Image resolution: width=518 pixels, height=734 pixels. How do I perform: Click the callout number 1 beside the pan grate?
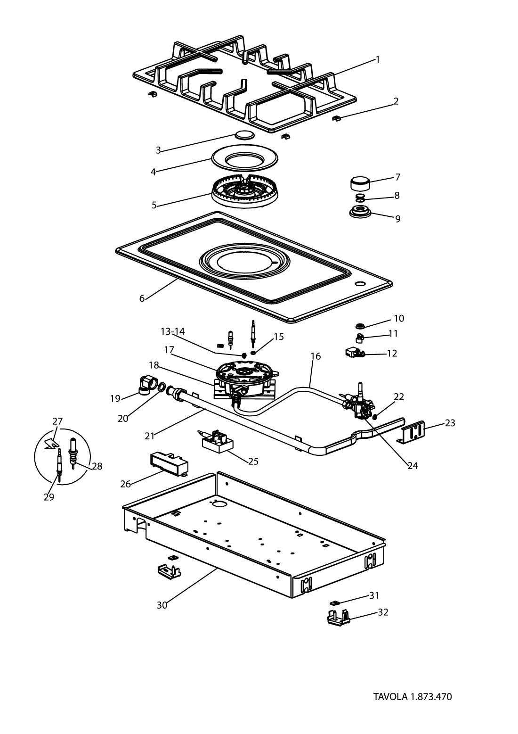(378, 60)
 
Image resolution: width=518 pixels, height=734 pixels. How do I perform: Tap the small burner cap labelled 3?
(244, 135)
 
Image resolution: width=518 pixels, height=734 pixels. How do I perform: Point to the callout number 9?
(398, 219)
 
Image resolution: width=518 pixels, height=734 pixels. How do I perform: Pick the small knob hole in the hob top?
(360, 284)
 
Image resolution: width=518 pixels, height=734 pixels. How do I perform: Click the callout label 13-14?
(172, 332)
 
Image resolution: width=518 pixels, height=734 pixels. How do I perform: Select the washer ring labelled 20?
(161, 388)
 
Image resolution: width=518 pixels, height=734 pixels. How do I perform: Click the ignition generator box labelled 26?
(169, 463)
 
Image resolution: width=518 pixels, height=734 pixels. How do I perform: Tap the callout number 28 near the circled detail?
(97, 467)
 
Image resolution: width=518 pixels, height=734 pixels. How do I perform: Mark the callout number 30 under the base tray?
(162, 606)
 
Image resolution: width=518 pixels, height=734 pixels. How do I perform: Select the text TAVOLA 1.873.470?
(413, 697)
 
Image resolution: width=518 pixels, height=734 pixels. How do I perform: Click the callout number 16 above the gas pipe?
(316, 356)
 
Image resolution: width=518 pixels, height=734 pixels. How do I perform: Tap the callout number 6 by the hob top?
(142, 298)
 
